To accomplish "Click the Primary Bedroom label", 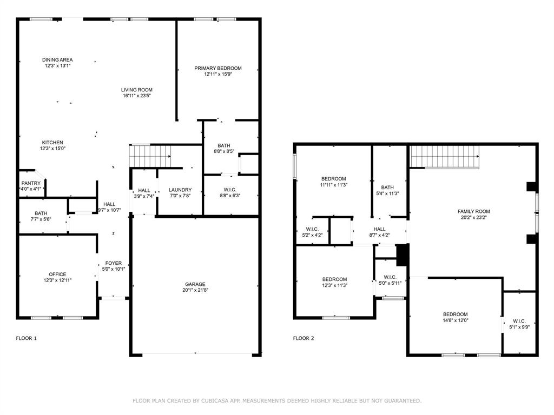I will [218, 68].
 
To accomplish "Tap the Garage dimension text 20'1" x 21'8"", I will [195, 291].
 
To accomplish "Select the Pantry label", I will [31, 183].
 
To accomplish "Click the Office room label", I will [57, 274].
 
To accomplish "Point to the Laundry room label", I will [180, 190].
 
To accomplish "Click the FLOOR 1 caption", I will [27, 338].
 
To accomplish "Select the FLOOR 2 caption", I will [304, 338].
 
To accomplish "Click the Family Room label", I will [473, 211].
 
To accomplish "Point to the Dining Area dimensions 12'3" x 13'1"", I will [58, 66].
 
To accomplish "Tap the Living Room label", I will [136, 90].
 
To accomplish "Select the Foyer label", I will [114, 263].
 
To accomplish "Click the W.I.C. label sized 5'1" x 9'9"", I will [519, 321].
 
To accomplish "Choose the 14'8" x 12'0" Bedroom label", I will [455, 314].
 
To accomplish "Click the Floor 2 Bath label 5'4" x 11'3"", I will [387, 188].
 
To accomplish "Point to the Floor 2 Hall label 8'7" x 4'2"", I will [379, 229].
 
